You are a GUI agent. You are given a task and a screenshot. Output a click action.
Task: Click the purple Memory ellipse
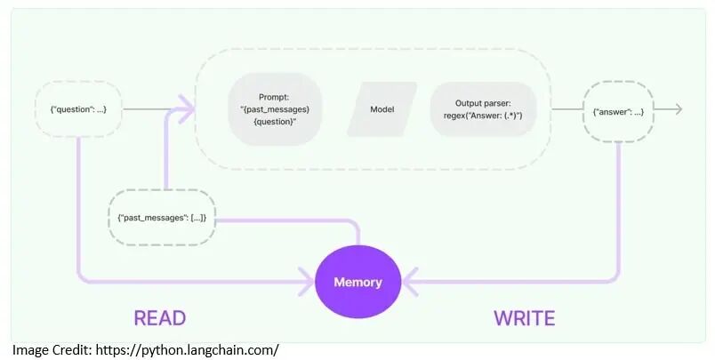click(357, 283)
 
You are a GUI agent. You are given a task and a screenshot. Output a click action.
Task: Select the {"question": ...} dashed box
click(78, 109)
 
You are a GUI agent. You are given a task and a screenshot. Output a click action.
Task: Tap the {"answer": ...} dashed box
click(618, 110)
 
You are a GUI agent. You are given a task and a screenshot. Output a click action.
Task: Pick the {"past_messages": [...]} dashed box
click(161, 218)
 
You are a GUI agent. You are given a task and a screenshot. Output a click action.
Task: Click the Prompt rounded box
click(274, 109)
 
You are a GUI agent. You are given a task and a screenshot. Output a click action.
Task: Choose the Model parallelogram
click(382, 109)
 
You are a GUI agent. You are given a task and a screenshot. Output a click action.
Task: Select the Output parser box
click(483, 109)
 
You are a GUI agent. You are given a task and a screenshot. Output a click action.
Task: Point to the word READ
click(159, 318)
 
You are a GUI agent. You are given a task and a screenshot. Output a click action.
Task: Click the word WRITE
click(524, 318)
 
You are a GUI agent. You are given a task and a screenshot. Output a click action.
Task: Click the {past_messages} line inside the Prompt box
click(275, 109)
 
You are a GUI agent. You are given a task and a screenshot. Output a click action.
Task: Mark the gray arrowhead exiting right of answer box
click(679, 109)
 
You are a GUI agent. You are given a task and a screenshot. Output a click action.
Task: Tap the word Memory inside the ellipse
click(357, 283)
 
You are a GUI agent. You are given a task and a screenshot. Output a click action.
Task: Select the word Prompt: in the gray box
click(274, 97)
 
